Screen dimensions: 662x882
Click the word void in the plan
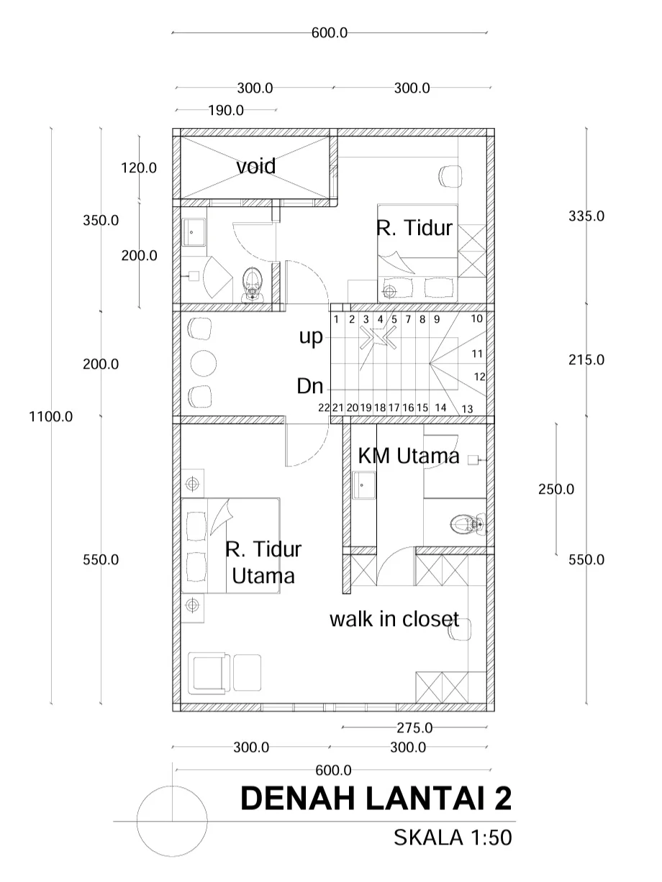tap(255, 166)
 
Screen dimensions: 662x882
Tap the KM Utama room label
tap(409, 456)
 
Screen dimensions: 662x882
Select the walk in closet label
tap(394, 619)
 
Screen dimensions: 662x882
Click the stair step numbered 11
tap(477, 354)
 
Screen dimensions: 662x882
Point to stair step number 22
tap(324, 408)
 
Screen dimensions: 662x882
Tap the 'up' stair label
tap(311, 336)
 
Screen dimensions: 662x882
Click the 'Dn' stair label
tap(310, 386)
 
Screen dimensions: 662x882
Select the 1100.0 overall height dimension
tap(51, 416)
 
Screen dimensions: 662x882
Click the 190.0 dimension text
tap(226, 110)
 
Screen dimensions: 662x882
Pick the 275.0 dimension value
tap(414, 727)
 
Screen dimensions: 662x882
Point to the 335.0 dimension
tap(586, 216)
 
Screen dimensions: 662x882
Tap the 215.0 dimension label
tap(586, 359)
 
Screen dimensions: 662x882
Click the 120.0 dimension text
tap(139, 167)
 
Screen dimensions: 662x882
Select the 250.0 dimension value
tap(556, 489)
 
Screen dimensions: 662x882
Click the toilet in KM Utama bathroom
tap(468, 524)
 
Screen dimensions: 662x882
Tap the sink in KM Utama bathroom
tap(364, 485)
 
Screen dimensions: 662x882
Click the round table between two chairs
tap(203, 363)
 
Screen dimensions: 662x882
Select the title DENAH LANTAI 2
tap(376, 798)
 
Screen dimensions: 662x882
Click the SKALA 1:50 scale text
tap(453, 837)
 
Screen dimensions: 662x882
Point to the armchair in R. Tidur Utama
tap(209, 673)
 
